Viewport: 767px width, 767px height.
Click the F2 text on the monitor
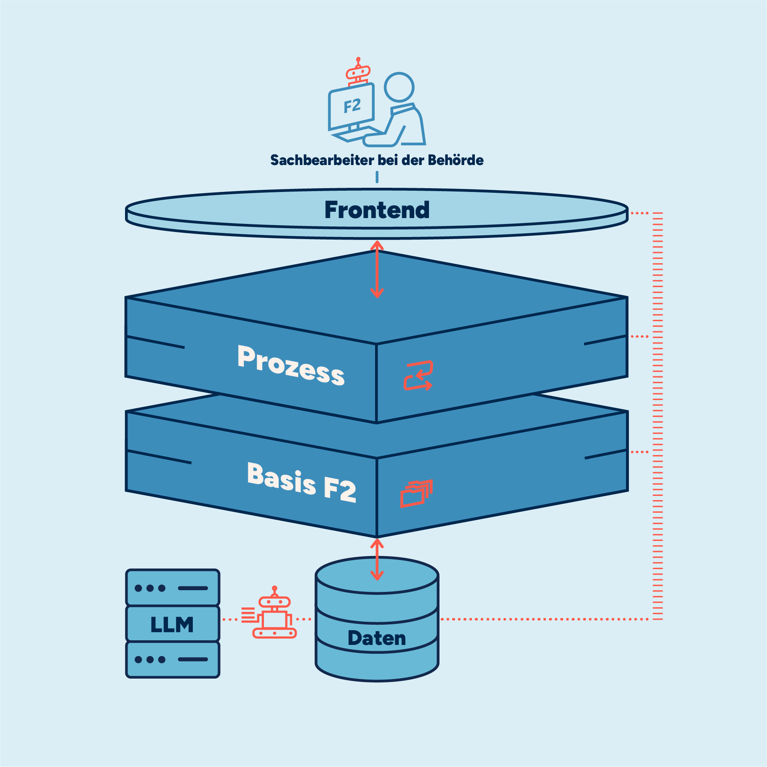click(352, 106)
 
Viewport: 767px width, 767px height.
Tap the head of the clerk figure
click(399, 87)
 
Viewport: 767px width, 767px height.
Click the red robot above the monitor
click(358, 72)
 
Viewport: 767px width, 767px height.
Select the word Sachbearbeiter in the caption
click(322, 160)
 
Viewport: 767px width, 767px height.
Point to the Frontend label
click(377, 210)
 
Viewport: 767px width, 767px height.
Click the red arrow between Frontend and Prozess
click(377, 269)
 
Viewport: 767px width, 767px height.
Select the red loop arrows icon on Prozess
click(418, 375)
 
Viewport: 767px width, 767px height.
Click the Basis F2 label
click(301, 482)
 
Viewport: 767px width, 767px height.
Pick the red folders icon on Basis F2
click(416, 493)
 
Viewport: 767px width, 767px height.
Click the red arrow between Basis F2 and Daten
click(377, 559)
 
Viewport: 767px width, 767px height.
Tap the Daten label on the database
click(377, 638)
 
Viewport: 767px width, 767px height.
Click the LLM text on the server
click(172, 624)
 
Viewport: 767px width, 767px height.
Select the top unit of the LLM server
click(173, 588)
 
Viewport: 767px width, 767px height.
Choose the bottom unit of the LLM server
click(173, 659)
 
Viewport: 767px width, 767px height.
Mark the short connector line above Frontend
click(377, 177)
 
